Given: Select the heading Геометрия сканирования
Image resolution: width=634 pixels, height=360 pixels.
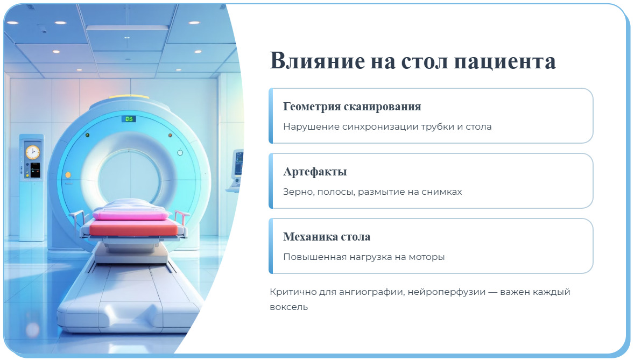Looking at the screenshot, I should [x=352, y=107].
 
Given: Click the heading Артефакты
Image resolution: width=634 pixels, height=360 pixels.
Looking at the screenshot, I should [x=315, y=172].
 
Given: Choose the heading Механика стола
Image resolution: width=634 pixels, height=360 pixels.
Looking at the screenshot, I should [x=327, y=237].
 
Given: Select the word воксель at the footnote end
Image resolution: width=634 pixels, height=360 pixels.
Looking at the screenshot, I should [x=288, y=307].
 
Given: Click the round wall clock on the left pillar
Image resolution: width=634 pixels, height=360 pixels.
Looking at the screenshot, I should [x=33, y=152].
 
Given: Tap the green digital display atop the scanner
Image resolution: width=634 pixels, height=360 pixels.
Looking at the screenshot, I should [x=129, y=118].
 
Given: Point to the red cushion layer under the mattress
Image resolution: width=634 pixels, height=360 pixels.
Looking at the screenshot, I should [x=132, y=228].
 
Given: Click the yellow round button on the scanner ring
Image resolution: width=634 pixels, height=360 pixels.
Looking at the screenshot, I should [x=68, y=175].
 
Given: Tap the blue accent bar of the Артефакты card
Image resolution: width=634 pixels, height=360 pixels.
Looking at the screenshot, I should [x=271, y=181].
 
